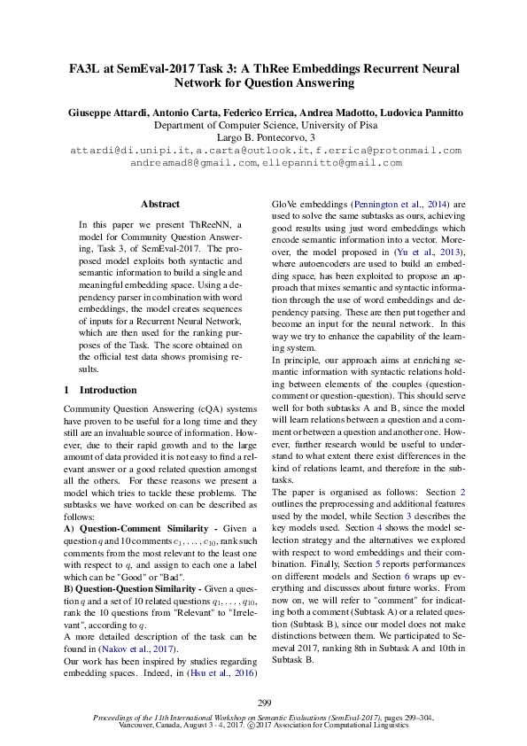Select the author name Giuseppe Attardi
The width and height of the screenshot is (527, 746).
click(105, 113)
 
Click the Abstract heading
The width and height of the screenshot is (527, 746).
click(159, 204)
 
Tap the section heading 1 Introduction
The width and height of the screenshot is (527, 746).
click(101, 390)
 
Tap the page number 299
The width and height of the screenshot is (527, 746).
click(263, 703)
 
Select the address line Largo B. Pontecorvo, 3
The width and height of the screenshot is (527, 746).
click(264, 138)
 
